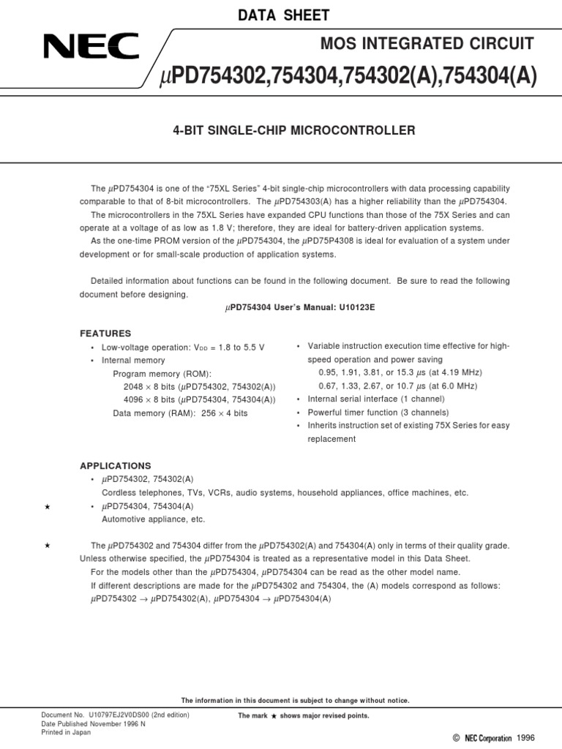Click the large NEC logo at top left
(x=91, y=48)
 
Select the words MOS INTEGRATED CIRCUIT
(x=427, y=44)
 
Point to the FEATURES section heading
(x=105, y=333)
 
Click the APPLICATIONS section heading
(x=115, y=465)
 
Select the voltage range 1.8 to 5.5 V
(x=238, y=347)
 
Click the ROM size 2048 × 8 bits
(x=149, y=386)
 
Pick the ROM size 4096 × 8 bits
(x=149, y=399)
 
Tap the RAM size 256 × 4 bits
(x=220, y=413)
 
